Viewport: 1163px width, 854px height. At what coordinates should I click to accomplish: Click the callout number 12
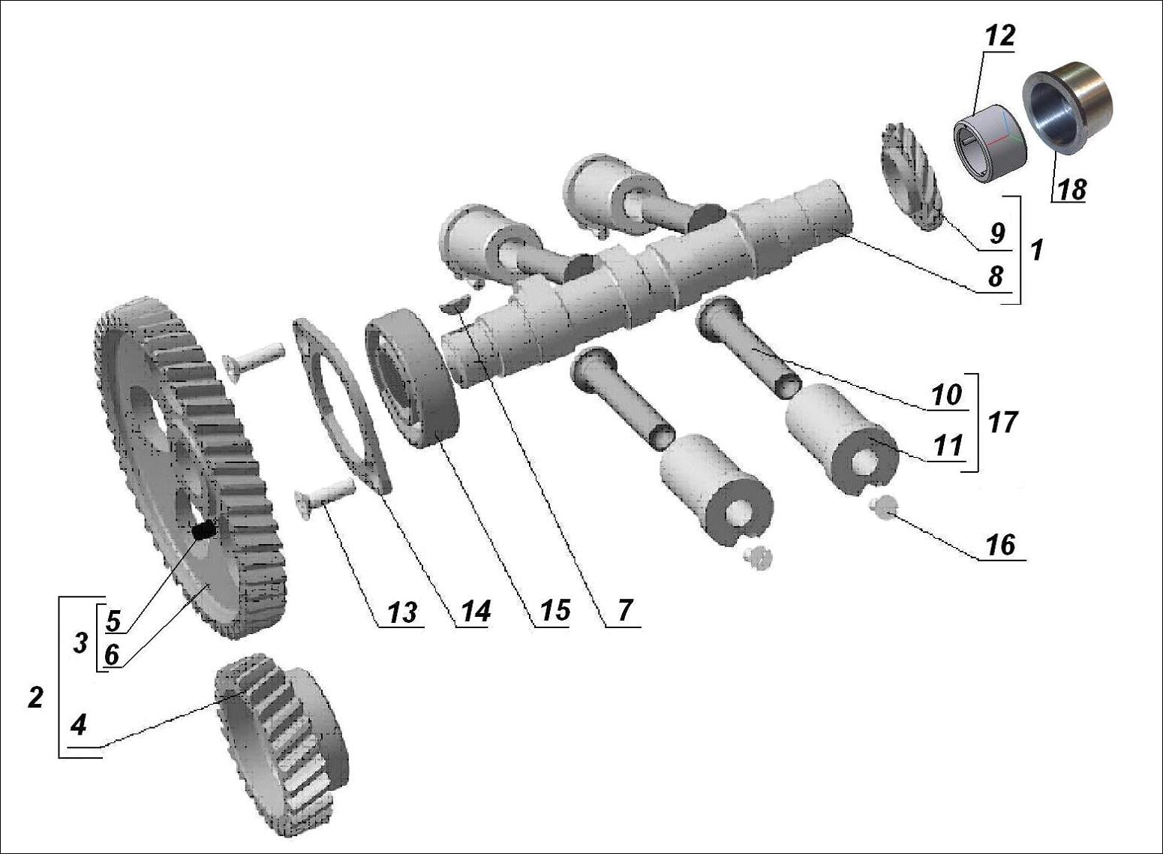click(999, 36)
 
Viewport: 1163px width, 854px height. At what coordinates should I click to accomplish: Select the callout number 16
click(1001, 545)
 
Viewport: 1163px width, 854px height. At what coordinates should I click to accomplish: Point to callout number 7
click(625, 611)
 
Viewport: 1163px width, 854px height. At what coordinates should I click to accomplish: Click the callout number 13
click(401, 612)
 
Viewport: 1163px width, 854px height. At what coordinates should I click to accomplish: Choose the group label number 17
click(1002, 422)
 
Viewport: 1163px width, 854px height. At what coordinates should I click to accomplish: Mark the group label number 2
click(35, 697)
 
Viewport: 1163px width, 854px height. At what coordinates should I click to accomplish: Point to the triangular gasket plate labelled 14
click(341, 405)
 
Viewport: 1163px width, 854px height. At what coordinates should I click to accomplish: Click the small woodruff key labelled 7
click(455, 302)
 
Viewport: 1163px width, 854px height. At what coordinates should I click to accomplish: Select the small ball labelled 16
click(882, 506)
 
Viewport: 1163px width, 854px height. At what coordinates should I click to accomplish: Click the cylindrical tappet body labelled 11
click(840, 436)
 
